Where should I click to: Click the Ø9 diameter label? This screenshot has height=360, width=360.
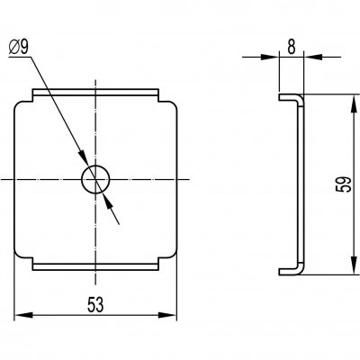pyautogui.click(x=19, y=48)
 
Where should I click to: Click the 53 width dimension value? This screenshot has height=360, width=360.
pyautogui.click(x=95, y=304)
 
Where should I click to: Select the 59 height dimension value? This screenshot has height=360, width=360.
pyautogui.click(x=344, y=184)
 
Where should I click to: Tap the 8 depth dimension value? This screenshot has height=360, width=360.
pyautogui.click(x=292, y=47)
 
